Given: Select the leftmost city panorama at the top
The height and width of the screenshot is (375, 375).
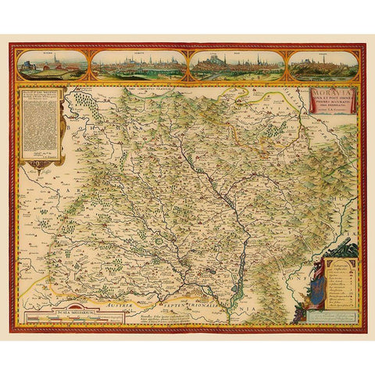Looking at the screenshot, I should click(52, 66).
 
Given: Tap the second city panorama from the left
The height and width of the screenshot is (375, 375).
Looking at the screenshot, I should click(138, 66).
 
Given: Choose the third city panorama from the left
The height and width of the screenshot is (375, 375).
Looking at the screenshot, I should click(235, 66).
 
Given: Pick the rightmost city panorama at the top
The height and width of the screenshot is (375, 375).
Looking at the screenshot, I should click(323, 66).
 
